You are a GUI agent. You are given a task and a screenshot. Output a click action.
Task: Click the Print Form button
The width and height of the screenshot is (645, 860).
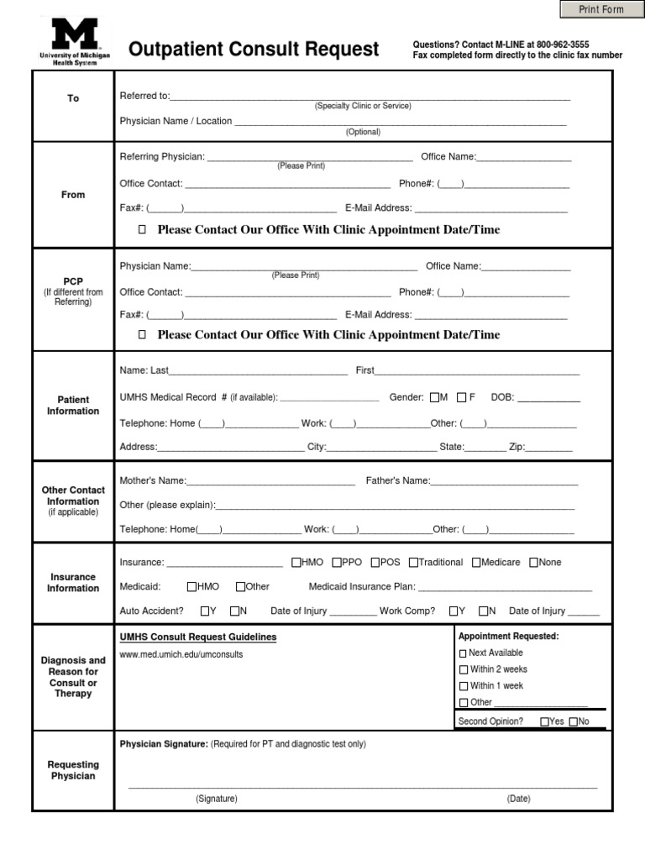(x=600, y=9)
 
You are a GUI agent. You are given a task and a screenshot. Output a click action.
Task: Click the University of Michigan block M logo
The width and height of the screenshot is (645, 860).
(x=76, y=35)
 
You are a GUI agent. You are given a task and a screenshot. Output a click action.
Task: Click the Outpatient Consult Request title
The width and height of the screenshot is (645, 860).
(x=254, y=50)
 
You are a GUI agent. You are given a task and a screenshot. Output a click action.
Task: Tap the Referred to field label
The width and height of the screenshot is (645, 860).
(x=144, y=96)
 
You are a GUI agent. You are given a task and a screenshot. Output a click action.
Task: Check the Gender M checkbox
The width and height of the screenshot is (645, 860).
(x=434, y=397)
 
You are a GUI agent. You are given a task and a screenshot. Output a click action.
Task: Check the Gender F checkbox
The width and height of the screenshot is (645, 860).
(x=461, y=397)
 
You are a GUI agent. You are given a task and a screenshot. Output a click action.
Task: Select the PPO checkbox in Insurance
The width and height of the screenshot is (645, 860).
(x=337, y=563)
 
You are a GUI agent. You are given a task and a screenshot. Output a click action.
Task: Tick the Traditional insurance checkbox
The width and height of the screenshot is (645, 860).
(x=413, y=563)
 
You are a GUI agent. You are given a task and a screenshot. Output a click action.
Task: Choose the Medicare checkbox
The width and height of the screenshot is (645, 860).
(x=476, y=563)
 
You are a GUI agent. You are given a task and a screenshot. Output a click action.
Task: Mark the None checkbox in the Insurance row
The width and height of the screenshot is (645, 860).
(x=533, y=563)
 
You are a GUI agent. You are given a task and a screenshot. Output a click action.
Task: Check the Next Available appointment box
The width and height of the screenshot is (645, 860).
(x=463, y=653)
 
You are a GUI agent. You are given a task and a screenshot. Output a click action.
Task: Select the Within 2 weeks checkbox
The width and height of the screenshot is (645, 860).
(x=463, y=670)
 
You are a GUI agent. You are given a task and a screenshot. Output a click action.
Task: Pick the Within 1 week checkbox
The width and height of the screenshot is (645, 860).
(x=463, y=686)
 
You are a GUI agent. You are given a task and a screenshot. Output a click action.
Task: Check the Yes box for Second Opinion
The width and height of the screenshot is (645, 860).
(x=545, y=721)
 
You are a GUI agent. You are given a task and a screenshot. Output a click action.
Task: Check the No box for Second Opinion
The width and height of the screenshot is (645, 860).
(x=574, y=721)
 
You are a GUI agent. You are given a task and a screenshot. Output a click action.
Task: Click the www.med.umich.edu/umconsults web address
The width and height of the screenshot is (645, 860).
(x=181, y=654)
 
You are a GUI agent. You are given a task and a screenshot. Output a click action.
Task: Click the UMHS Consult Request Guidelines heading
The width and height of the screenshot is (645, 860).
(x=198, y=637)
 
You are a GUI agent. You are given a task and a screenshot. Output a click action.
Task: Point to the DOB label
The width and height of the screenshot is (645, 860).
(x=502, y=397)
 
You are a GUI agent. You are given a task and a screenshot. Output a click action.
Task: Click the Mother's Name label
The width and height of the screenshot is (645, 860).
(x=152, y=481)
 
